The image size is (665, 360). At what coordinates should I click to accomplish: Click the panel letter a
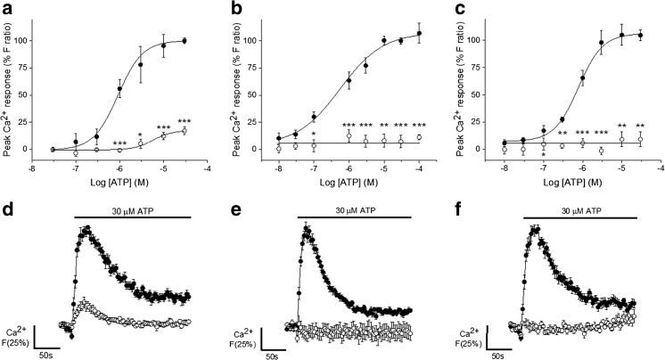pyautogui.click(x=7, y=8)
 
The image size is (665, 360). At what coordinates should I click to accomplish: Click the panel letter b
pyautogui.click(x=232, y=8)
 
